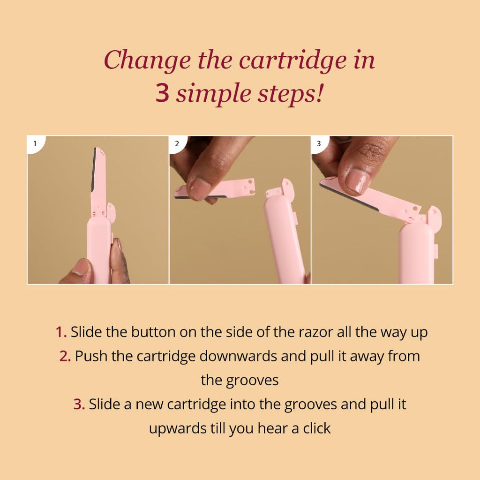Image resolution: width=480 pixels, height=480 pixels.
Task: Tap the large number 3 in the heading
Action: point(162,92)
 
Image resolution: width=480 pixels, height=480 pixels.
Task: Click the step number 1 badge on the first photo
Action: point(35,143)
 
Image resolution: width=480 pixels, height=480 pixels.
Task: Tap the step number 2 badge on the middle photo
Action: point(177,143)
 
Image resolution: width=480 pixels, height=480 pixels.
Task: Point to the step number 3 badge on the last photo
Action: point(319,143)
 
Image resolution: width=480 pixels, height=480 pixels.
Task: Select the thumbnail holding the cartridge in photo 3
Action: point(357,180)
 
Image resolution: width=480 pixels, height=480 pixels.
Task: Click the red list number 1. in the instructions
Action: point(61,332)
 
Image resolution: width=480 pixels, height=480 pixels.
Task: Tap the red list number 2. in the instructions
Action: point(65,356)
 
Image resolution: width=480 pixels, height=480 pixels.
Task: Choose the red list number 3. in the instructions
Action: point(79,404)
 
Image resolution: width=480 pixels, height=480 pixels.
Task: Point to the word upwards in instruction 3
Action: point(177,428)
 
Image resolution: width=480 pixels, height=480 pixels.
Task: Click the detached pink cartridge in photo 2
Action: point(214,189)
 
